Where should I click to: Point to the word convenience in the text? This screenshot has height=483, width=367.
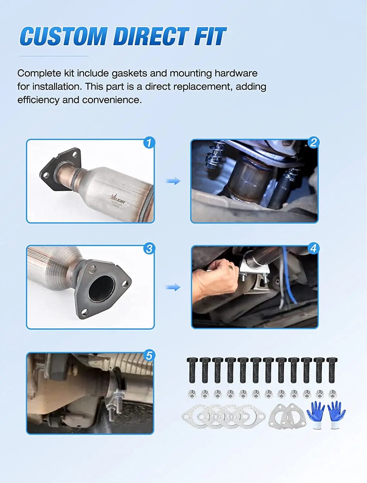click(x=112, y=100)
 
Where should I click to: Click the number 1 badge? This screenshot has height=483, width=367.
click(x=149, y=143)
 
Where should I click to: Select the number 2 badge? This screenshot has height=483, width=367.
click(x=313, y=142)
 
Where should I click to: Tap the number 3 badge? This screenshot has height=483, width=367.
click(x=149, y=249)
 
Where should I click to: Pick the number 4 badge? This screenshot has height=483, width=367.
click(x=313, y=248)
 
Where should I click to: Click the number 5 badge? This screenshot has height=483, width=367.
click(x=149, y=355)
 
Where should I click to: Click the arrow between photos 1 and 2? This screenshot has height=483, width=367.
click(x=173, y=181)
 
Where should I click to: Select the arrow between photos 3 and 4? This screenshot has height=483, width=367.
click(x=173, y=287)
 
